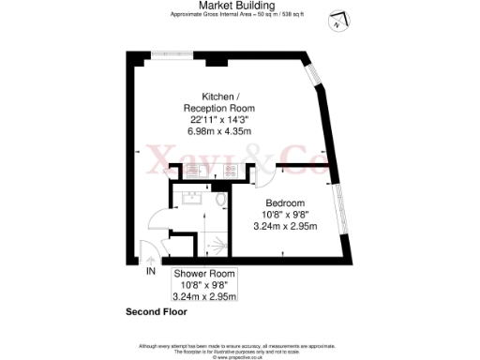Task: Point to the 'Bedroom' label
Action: (x=284, y=202)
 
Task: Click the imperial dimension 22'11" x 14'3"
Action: (x=218, y=119)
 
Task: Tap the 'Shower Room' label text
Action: (x=204, y=274)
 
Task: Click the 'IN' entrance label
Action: (x=150, y=272)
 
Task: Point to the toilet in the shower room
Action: (x=217, y=202)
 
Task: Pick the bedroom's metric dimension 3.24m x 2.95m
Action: (x=284, y=226)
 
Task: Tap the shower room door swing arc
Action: (x=159, y=225)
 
